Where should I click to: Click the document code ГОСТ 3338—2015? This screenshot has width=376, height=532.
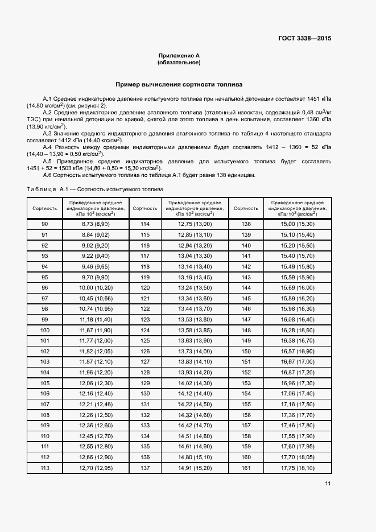pyautogui.click(x=304, y=39)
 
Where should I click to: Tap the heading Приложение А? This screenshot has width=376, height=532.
pyautogui.click(x=179, y=56)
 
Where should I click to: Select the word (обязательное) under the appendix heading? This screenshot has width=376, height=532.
pyautogui.click(x=179, y=63)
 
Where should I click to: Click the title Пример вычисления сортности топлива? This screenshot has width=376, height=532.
pyautogui.click(x=179, y=84)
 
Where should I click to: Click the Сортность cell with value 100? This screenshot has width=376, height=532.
pyautogui.click(x=45, y=330)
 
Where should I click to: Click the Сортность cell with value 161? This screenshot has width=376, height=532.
pyautogui.click(x=246, y=468)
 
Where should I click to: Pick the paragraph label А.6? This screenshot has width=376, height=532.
pyautogui.click(x=48, y=175)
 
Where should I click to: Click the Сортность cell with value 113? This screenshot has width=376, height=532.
pyautogui.click(x=45, y=468)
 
